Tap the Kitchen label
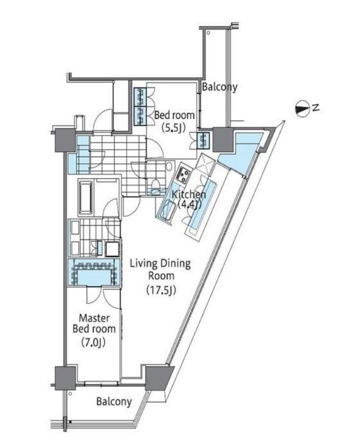point(189,199)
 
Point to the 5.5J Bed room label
point(174,120)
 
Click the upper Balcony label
point(220,87)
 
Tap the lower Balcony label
point(114,402)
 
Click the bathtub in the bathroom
point(86,198)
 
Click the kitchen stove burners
point(183,173)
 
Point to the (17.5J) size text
point(161,290)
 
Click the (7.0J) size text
point(94,342)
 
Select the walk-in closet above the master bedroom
point(94,272)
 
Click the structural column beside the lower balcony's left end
point(65,378)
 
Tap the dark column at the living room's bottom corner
point(158,378)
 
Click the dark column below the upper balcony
point(222,139)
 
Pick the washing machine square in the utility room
point(112,249)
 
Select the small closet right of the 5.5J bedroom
point(203,140)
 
